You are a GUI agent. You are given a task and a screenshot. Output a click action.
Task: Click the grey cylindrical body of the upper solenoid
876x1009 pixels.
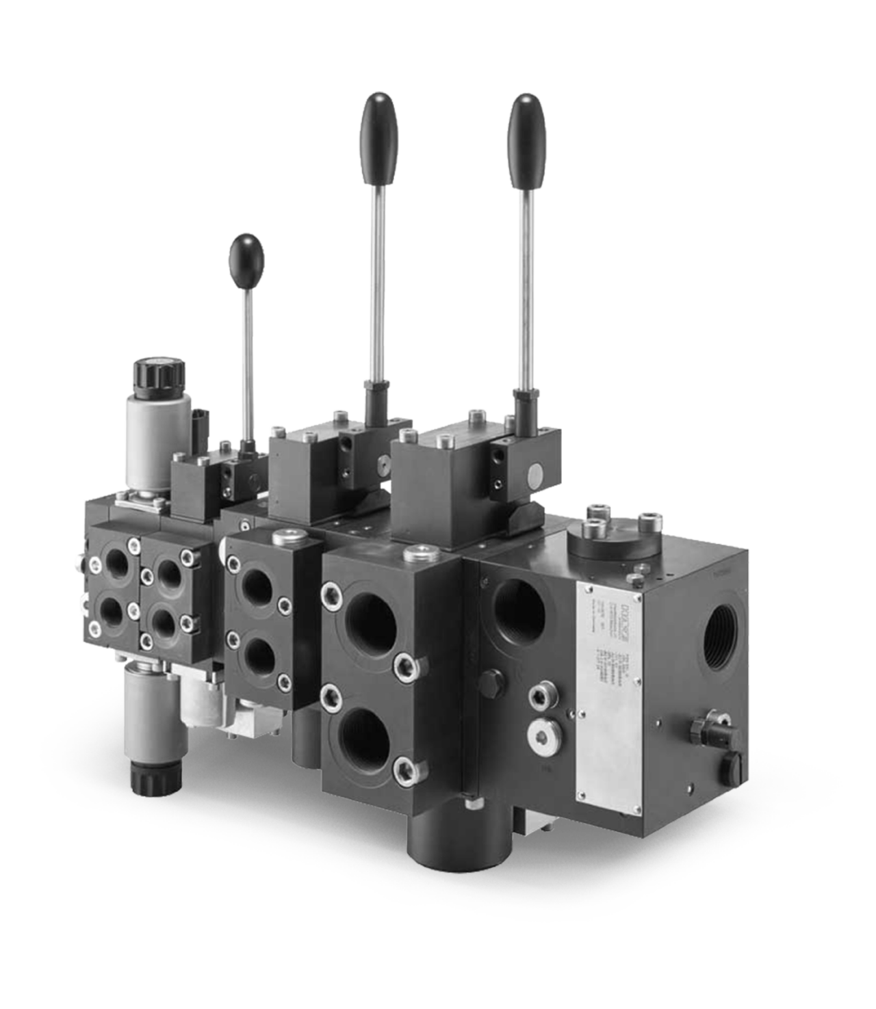click(144, 432)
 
